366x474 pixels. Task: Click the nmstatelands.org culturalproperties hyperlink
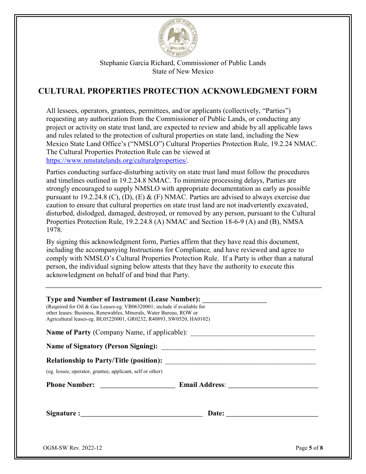coord(117,161)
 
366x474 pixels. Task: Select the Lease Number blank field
coord(235,300)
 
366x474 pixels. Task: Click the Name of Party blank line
coord(253,333)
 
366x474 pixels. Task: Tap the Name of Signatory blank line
coord(238,347)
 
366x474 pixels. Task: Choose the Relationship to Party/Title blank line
coord(240,361)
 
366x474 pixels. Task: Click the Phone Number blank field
coord(138,385)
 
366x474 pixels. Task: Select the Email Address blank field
coord(273,385)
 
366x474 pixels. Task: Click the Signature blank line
coord(141,414)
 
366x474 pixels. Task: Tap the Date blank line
coord(272,414)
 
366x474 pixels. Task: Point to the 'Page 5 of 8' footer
coord(309,448)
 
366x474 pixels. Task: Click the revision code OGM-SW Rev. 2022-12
coord(73,448)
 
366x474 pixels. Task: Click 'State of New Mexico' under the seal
coord(183,71)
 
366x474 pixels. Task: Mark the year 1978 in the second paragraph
coord(54,230)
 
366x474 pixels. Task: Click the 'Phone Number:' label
coord(71,385)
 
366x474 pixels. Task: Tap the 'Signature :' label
coord(63,413)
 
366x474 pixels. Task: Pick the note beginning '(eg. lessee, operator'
coord(104,371)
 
